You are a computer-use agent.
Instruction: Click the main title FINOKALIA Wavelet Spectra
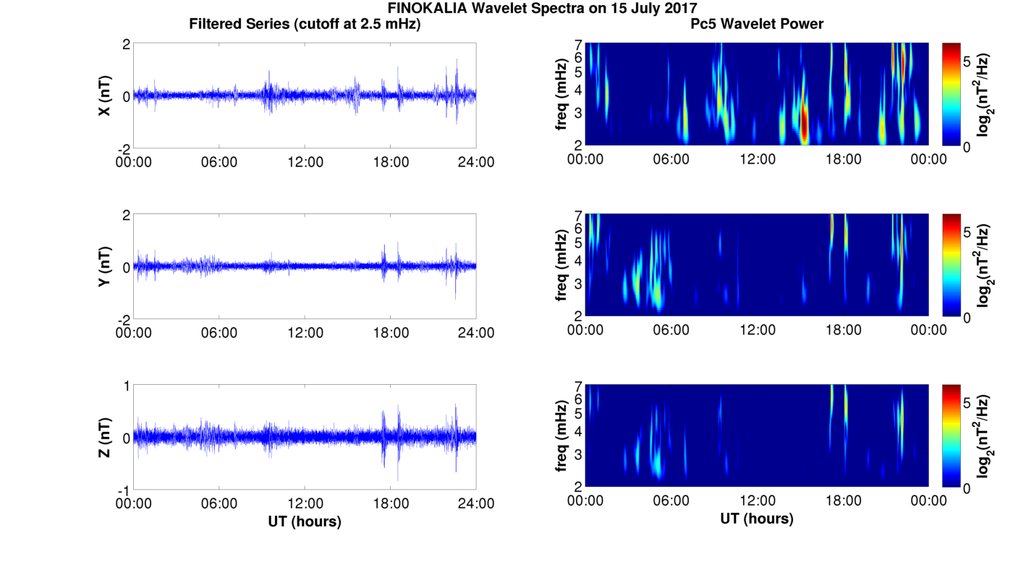click(x=542, y=9)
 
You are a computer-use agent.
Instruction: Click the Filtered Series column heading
click(x=305, y=25)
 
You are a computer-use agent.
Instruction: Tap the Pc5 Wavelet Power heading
click(x=757, y=25)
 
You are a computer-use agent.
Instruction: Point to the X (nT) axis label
click(x=105, y=96)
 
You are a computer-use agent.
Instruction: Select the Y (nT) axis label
click(x=105, y=267)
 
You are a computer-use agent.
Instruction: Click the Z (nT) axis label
click(x=105, y=438)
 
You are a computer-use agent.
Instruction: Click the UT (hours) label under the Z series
click(x=305, y=521)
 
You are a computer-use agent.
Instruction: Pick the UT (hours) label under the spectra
click(x=757, y=519)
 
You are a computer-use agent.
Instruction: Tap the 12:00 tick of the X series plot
click(x=305, y=161)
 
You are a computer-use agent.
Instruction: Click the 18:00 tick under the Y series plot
click(x=391, y=333)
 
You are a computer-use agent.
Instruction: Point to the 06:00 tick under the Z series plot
click(x=219, y=503)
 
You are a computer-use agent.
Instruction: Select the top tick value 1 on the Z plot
click(x=126, y=386)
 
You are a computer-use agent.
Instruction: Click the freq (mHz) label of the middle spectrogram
click(x=561, y=266)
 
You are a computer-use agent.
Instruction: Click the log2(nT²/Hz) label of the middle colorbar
click(x=985, y=265)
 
